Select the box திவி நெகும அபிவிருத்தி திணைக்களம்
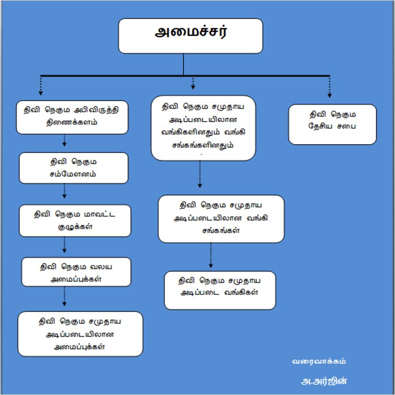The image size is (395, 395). [72, 116]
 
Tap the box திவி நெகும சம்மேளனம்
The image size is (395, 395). [74, 168]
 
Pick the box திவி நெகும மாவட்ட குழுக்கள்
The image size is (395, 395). [75, 220]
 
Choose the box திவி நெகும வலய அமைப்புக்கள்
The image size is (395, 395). [76, 272]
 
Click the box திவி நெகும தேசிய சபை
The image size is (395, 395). [332, 124]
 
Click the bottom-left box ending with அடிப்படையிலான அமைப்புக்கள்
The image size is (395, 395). [80, 334]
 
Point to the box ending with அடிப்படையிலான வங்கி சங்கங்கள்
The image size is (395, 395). [221, 219]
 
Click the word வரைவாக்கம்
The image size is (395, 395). [319, 361]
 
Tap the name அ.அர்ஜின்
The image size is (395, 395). [321, 381]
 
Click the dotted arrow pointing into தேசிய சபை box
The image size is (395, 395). [329, 88]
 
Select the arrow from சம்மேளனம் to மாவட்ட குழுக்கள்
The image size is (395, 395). [64, 191]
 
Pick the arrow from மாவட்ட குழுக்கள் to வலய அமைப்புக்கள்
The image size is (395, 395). [64, 245]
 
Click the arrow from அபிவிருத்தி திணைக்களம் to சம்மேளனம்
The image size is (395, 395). [64, 141]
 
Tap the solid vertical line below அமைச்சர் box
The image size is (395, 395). [183, 64]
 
